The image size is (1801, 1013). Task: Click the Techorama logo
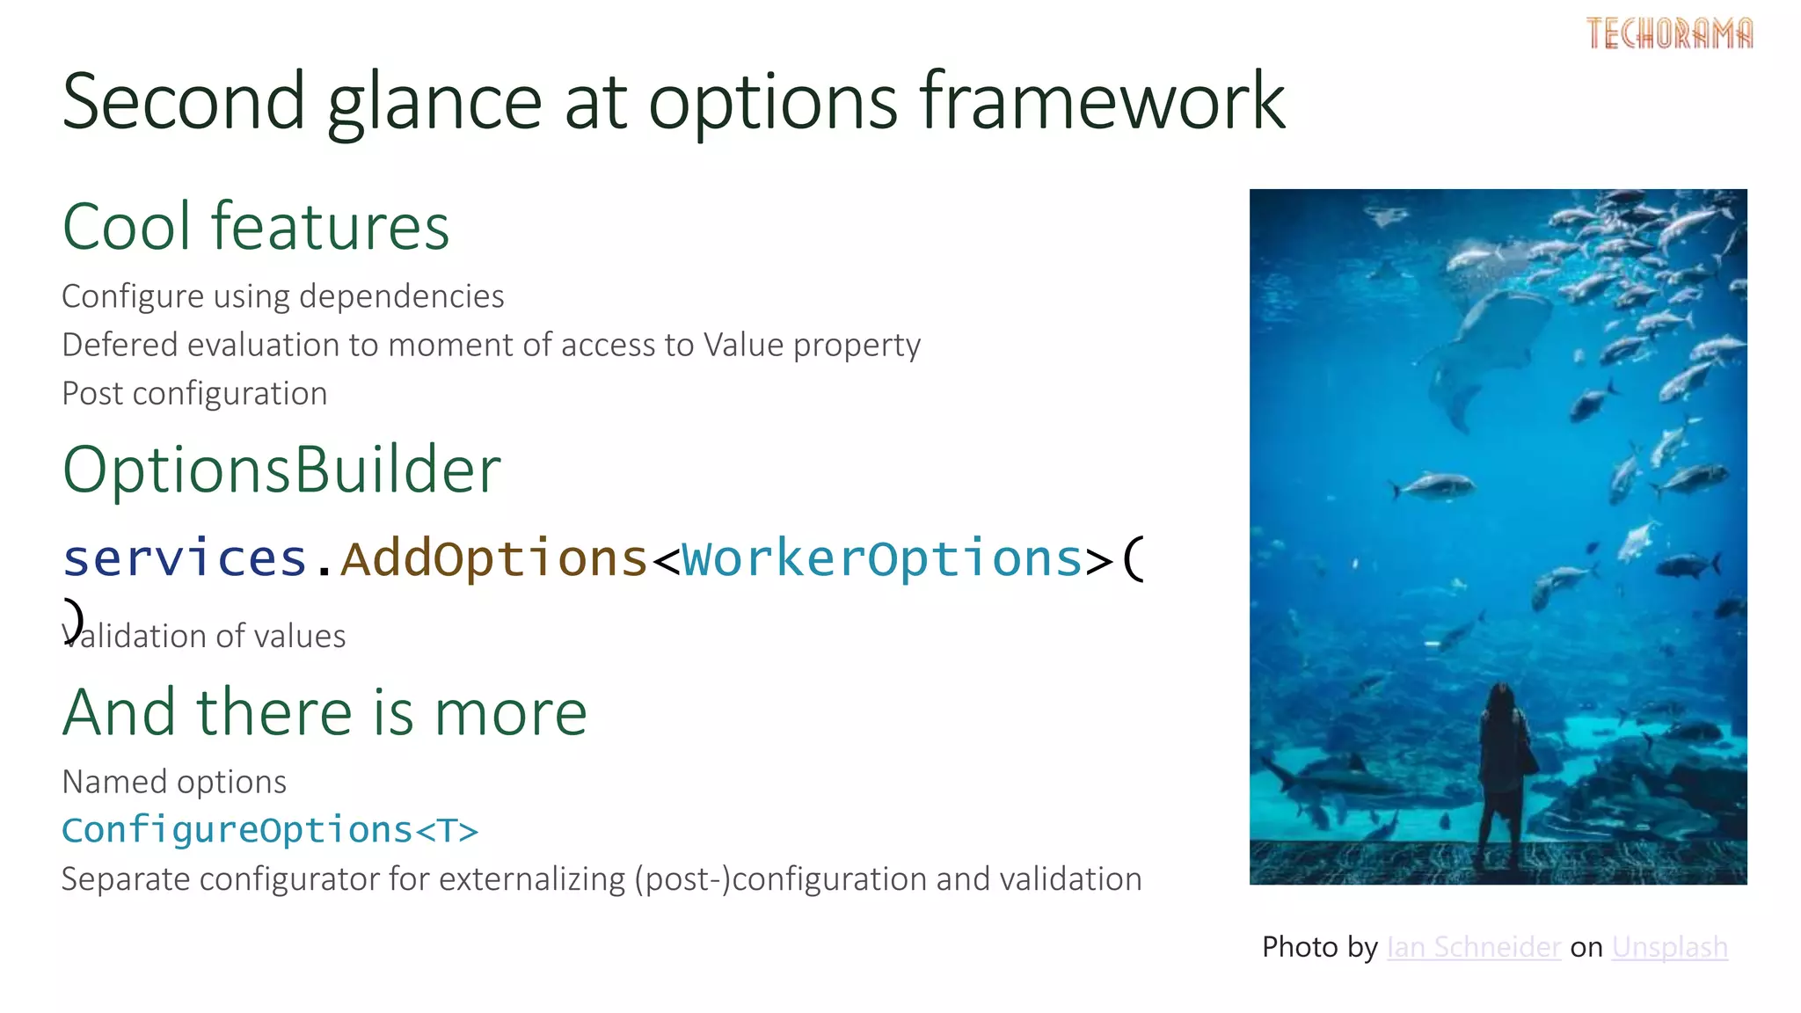point(1668,34)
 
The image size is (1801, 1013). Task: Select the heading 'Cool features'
point(255,227)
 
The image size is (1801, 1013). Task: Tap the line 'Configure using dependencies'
point(282,297)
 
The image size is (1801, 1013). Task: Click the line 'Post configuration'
point(194,394)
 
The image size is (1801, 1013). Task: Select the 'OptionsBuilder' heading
point(281,470)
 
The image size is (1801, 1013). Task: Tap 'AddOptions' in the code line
point(494,558)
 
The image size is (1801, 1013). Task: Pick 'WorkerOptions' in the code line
point(882,558)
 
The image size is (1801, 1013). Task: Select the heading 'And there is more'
point(324,712)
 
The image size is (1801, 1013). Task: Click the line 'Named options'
point(174,782)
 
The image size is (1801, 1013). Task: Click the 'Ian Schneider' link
point(1473,947)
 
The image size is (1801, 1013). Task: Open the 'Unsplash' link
point(1669,947)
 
